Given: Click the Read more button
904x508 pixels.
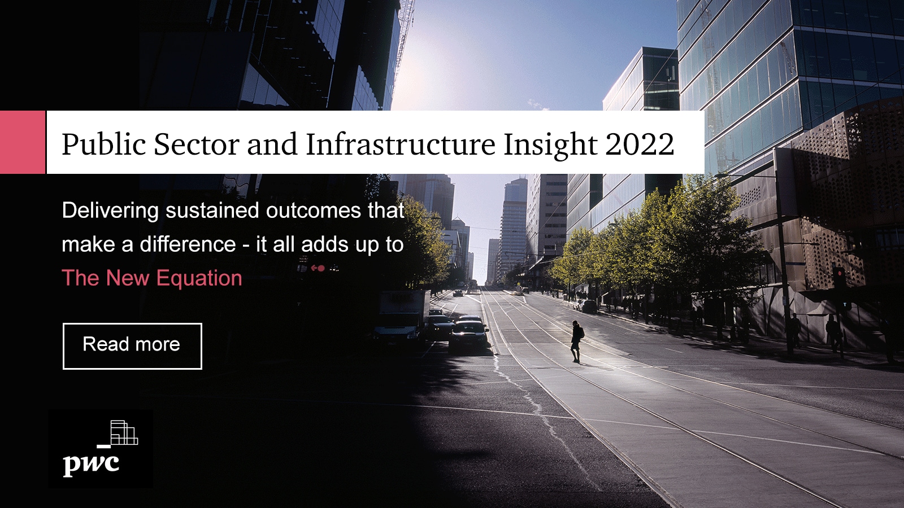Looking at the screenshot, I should coord(132,346).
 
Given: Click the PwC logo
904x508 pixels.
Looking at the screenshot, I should coord(101,449).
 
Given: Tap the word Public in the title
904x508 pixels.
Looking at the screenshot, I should coord(104,144).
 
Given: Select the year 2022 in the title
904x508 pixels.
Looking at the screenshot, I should coord(640,144).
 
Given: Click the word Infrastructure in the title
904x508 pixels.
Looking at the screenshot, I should coord(401,144).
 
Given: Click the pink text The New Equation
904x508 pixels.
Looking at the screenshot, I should coord(151,278).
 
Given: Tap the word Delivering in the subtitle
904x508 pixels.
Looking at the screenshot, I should coord(110,211).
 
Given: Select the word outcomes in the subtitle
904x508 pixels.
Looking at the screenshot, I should coord(314,211).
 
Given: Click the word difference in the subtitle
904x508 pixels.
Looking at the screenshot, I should coord(188,245).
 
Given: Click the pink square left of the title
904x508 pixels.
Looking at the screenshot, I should coord(22,142).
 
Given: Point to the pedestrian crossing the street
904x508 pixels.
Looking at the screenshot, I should coord(576,341).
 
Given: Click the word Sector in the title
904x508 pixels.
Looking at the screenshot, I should coord(197,144).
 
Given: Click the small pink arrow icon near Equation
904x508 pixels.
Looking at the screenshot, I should coord(318,268).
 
